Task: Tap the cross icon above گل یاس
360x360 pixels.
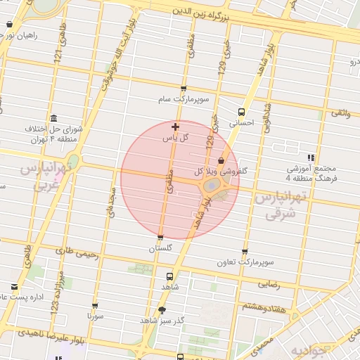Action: pyautogui.click(x=175, y=127)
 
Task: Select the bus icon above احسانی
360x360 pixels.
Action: pyautogui.click(x=242, y=112)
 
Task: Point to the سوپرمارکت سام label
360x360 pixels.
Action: pyautogui.click(x=184, y=101)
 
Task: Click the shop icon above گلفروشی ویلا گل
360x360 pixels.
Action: pyautogui.click(x=221, y=160)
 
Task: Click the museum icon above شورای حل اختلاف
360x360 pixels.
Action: pyautogui.click(x=54, y=117)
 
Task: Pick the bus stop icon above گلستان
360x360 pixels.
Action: pyautogui.click(x=161, y=238)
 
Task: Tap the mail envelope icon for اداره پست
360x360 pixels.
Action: pyautogui.click(x=15, y=286)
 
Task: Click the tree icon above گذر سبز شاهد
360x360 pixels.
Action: pyautogui.click(x=162, y=309)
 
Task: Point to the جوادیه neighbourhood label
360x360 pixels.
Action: pyautogui.click(x=309, y=350)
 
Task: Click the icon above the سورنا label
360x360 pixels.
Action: pyautogui.click(x=95, y=307)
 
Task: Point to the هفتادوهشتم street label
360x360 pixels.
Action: pyautogui.click(x=265, y=307)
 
